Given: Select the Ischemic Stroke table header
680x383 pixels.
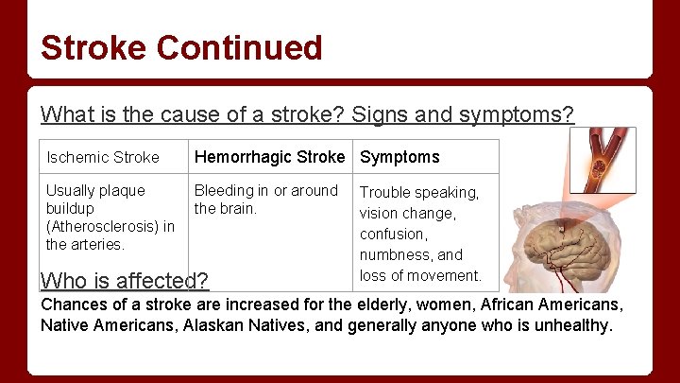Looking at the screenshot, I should coord(103,157).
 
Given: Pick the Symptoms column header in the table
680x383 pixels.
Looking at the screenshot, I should coord(399,157).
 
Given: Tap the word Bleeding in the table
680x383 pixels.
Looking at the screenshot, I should coord(224,190).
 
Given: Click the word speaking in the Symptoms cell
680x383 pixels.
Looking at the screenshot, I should coord(445,192).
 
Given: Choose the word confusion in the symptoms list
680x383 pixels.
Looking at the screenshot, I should coord(393,234).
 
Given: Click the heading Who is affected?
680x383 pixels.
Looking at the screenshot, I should coord(125,281).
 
